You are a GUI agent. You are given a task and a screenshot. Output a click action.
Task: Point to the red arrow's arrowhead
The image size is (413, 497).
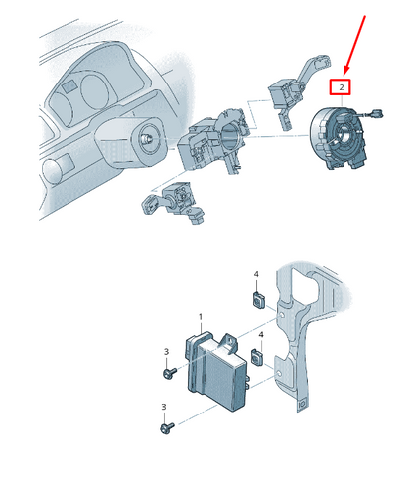pos(345,71)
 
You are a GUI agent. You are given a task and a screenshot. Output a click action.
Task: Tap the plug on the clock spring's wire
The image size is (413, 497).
pos(376,114)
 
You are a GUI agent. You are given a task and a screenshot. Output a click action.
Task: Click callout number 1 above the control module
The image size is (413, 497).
pos(201,317)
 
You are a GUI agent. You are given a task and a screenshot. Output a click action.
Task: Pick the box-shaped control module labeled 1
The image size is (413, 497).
pos(215,371)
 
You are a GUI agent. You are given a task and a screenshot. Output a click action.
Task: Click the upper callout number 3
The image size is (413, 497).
pos(166,351)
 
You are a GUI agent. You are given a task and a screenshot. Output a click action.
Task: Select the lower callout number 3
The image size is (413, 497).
pos(164,407)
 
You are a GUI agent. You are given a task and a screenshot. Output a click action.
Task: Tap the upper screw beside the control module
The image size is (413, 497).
pos(170,373)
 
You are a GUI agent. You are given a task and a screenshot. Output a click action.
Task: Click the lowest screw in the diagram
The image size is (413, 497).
pos(167,427)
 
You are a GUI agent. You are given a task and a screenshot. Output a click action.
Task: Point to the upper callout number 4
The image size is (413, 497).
pos(256,274)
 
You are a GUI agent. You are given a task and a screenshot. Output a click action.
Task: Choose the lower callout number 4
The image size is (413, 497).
pos(261,335)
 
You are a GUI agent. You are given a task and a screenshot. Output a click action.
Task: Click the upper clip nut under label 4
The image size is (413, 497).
pos(258,299)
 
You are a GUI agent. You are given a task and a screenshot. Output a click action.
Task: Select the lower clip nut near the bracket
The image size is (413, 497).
pos(257,357)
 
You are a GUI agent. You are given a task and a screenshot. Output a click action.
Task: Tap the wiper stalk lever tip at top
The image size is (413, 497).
pos(322,62)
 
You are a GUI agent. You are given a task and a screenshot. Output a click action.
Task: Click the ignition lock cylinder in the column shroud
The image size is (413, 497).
pos(147,139)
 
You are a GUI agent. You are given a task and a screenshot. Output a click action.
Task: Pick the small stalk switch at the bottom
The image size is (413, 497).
pos(174,202)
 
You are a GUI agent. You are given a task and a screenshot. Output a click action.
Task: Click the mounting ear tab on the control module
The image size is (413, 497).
pos(230,343)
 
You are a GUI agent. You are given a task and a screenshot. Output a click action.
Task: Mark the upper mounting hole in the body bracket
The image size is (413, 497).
pos(281,316)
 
